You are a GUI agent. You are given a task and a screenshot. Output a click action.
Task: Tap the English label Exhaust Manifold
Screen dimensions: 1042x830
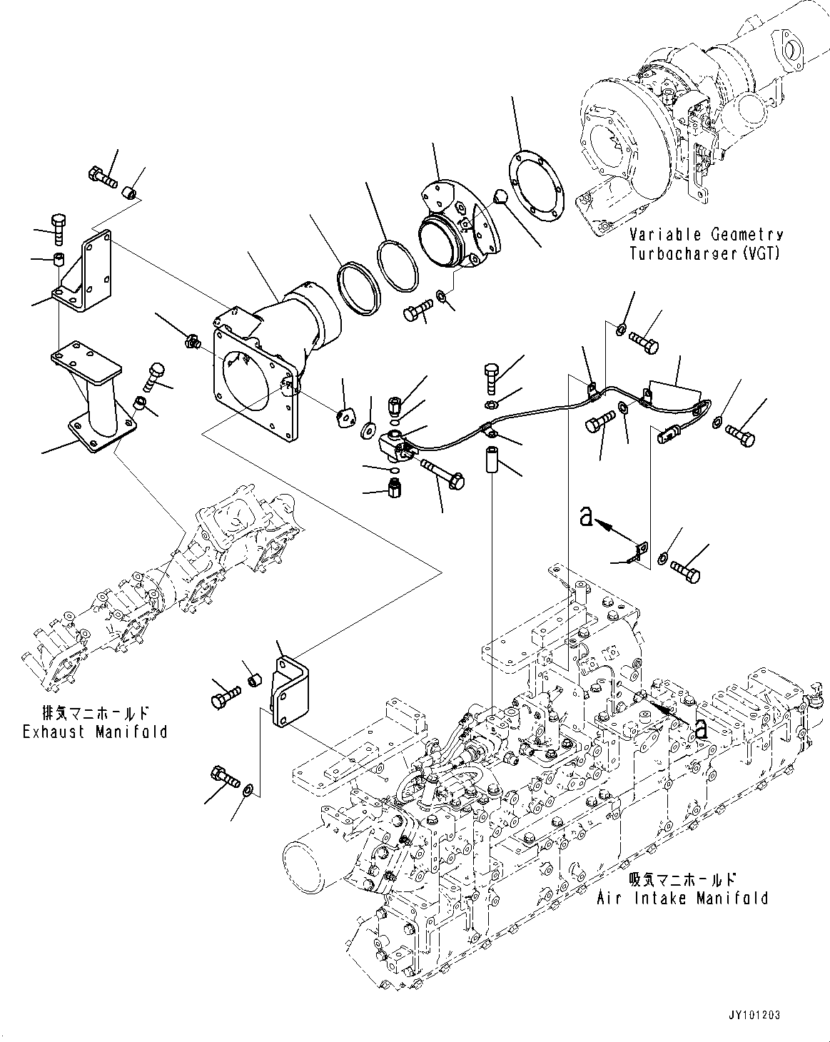tap(95, 732)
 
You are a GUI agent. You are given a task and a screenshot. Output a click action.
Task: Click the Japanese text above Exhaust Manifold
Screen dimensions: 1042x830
tap(95, 712)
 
